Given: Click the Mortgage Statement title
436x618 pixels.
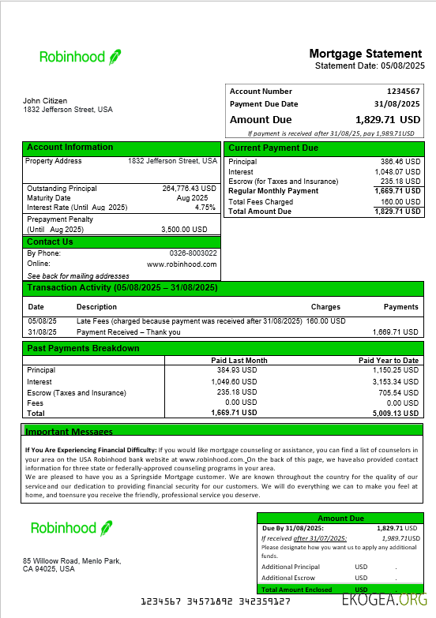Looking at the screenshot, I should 366,54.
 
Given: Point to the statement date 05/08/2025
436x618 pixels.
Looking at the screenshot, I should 403,66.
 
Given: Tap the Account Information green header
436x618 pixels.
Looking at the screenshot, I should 70,148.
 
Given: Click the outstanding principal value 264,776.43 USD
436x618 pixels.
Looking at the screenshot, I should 189,189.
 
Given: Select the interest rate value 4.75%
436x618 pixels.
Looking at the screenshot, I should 205,208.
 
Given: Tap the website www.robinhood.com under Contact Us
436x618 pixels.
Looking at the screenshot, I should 182,264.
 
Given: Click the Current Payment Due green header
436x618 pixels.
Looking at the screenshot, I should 272,148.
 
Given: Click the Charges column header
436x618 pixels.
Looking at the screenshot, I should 325,307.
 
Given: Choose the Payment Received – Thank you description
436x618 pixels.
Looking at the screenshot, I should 128,332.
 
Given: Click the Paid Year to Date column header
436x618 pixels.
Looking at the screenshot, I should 388,361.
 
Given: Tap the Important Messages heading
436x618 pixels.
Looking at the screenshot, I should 70,432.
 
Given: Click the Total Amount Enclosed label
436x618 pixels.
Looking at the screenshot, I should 295,590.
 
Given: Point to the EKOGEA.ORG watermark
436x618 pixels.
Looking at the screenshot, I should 385,600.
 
